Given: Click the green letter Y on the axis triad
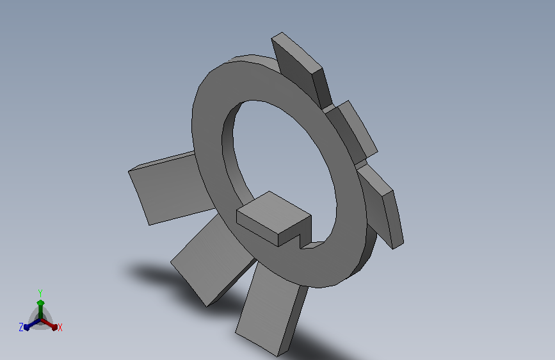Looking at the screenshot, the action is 40,293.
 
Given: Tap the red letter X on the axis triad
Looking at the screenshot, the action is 60,327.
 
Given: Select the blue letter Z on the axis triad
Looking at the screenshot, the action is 21,327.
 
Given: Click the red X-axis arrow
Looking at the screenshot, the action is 49,324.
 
